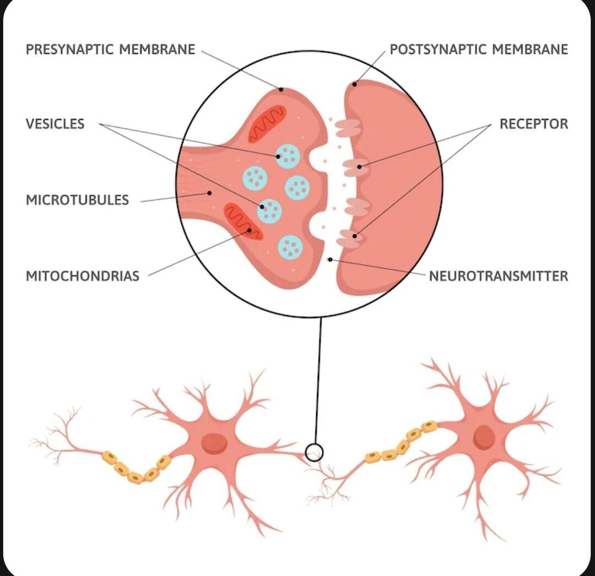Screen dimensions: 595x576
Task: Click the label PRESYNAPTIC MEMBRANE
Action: [x=110, y=50]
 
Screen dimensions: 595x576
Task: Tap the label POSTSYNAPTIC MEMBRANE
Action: [x=479, y=50]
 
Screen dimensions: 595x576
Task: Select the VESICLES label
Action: [x=55, y=124]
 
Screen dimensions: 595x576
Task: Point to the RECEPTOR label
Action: [x=533, y=124]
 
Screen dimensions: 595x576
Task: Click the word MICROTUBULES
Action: [x=78, y=200]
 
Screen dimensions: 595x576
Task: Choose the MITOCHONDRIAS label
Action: [x=82, y=276]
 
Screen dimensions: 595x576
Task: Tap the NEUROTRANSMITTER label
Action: [x=498, y=276]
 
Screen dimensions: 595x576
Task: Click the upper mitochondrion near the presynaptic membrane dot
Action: [x=267, y=124]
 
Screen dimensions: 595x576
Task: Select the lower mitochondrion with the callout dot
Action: [x=244, y=222]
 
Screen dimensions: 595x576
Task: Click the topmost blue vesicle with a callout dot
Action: [x=288, y=156]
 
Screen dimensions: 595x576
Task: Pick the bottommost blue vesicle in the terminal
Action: [x=291, y=248]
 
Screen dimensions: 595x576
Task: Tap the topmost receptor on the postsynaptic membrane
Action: [x=348, y=128]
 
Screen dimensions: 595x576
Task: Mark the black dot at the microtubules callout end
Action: [x=209, y=193]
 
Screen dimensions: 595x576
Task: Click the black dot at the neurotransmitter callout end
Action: [x=330, y=259]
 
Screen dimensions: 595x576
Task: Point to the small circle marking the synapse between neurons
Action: [x=314, y=453]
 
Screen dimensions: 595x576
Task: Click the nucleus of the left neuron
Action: [x=214, y=443]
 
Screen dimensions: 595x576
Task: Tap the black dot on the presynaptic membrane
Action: [x=281, y=90]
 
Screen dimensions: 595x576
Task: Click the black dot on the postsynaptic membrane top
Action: [x=354, y=84]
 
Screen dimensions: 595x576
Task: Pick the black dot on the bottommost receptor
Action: [x=355, y=236]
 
